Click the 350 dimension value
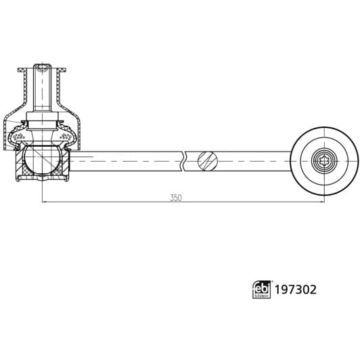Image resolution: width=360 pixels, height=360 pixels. point(176,198)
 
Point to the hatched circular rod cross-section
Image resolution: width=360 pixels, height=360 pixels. point(207,162)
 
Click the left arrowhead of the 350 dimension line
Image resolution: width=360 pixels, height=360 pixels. point(45,202)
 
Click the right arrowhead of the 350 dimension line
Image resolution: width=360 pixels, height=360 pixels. point(321,202)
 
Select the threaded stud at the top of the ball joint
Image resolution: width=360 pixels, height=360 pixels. point(42,91)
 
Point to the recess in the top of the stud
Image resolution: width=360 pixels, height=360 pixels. point(42,68)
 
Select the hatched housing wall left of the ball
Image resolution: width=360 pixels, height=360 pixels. point(20,166)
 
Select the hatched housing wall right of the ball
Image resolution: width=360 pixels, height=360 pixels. point(65,166)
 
